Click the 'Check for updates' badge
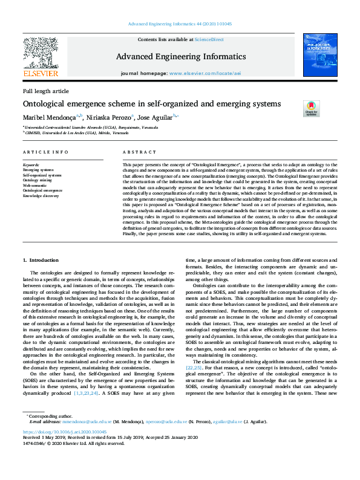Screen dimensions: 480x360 coord(311,108)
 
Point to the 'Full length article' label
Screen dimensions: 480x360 coord(46,91)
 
